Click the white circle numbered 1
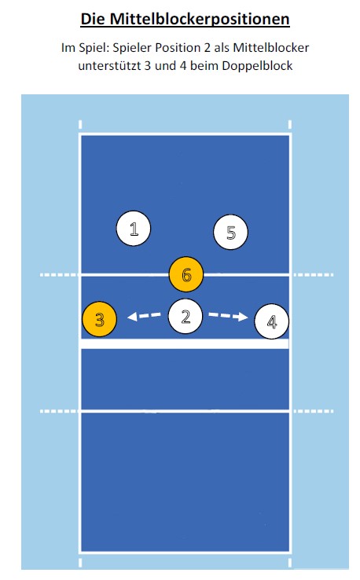click(133, 228)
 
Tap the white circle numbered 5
click(230, 232)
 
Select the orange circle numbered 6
click(186, 274)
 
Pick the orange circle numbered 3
click(100, 319)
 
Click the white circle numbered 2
click(186, 316)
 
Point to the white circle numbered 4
click(272, 321)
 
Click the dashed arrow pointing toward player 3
click(145, 316)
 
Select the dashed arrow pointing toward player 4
click(228, 316)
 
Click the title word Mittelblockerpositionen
click(200, 19)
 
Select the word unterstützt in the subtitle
click(109, 66)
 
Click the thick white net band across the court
click(185, 343)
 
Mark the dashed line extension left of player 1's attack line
click(59, 275)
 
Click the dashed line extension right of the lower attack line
click(314, 411)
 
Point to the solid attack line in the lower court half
click(185, 411)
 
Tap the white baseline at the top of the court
click(185, 134)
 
